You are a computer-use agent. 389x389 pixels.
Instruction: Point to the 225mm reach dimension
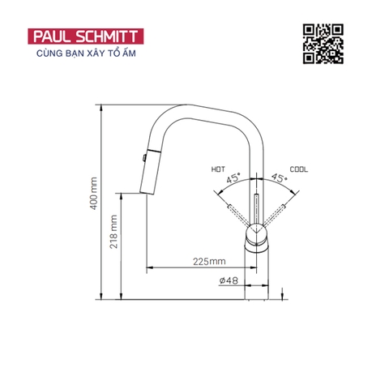point(210,261)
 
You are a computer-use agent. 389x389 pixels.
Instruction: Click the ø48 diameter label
point(228,281)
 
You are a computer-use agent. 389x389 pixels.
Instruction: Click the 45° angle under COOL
point(279,178)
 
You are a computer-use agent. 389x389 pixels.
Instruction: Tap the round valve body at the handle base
point(258,237)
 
